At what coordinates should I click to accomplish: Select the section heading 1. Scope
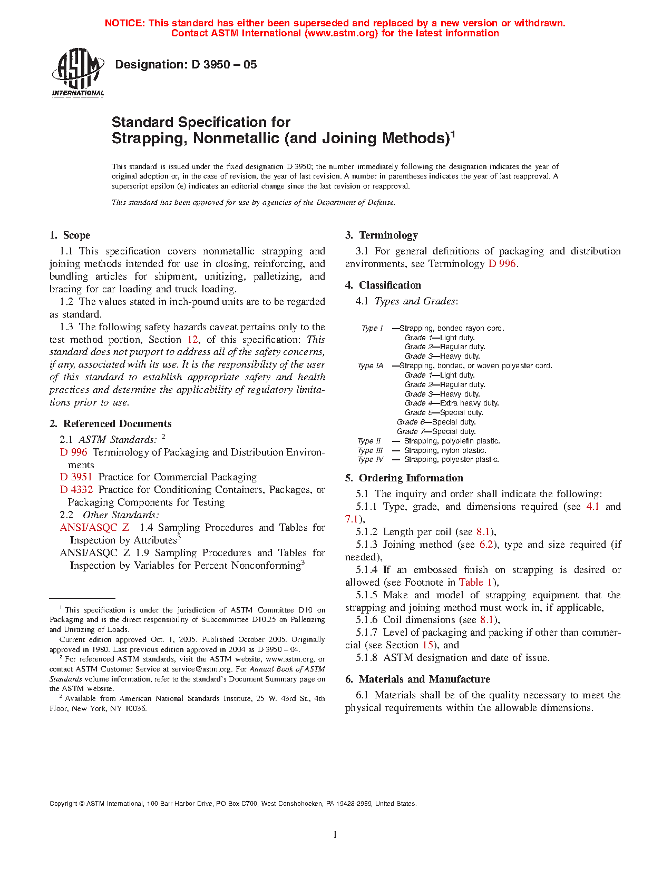tap(70, 235)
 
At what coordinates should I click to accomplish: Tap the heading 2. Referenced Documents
tap(111, 424)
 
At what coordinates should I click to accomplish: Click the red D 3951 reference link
tap(76, 477)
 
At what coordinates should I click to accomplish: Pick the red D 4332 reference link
tap(76, 490)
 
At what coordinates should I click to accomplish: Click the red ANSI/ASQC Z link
tap(94, 528)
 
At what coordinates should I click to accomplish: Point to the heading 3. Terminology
tap(382, 235)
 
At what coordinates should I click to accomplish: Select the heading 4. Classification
tap(383, 285)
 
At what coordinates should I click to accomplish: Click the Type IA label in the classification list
tap(370, 366)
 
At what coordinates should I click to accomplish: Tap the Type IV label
tap(370, 460)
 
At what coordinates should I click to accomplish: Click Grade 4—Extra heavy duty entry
tap(452, 403)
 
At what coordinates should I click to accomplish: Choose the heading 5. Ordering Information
tap(404, 478)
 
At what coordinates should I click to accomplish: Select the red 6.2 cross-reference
tap(486, 545)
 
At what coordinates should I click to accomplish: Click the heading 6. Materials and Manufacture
tap(417, 679)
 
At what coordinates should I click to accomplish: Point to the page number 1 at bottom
tap(335, 834)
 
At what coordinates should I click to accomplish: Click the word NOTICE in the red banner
tap(124, 23)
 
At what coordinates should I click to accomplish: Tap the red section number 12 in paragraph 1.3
tap(192, 340)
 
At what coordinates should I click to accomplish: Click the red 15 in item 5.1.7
tap(427, 645)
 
